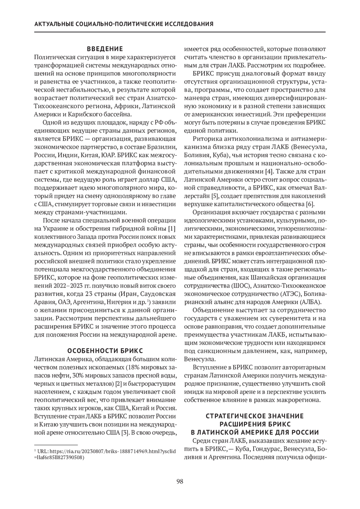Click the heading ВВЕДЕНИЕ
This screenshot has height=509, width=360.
[105, 49]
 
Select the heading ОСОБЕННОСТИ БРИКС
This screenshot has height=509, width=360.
[105, 351]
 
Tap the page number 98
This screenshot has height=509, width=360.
[180, 482]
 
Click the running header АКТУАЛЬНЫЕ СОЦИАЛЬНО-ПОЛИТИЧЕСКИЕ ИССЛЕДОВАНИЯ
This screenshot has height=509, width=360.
[124, 24]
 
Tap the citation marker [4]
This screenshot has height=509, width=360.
[268, 172]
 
